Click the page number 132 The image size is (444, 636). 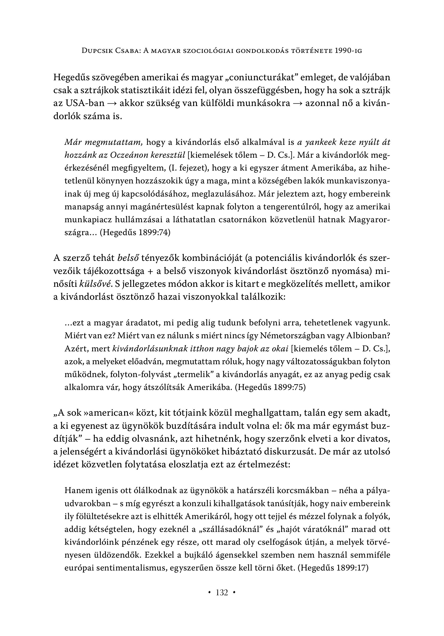pyautogui.click(x=222, y=592)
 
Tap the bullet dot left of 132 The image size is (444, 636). pyautogui.click(x=210, y=592)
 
